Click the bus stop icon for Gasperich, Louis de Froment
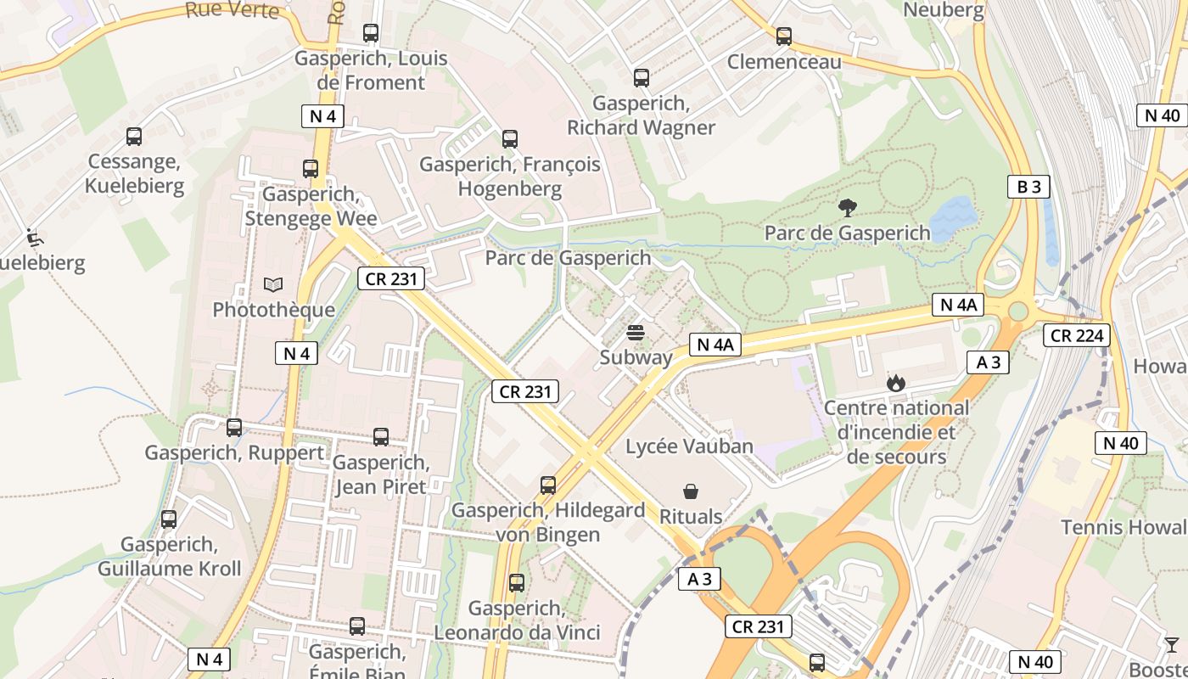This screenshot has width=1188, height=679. [371, 33]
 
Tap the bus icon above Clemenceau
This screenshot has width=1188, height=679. [784, 36]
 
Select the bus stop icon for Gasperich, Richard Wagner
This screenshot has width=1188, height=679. [642, 78]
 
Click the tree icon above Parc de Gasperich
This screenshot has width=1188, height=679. [846, 207]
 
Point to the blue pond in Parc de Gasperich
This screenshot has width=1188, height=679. [953, 212]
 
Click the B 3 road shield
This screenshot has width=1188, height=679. [1028, 187]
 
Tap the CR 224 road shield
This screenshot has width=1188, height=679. [1077, 335]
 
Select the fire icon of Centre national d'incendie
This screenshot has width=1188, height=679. [896, 384]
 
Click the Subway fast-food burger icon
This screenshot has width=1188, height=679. [636, 333]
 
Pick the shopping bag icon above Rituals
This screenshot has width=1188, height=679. [691, 491]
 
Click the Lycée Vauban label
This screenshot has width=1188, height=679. [689, 446]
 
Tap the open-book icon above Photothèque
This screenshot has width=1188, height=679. [273, 284]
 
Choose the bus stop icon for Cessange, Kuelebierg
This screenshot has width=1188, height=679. [134, 137]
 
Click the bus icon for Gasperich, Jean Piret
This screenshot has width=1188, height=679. [381, 437]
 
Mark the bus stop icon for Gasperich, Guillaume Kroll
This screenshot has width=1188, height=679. [169, 519]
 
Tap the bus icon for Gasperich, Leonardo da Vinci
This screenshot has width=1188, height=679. [517, 583]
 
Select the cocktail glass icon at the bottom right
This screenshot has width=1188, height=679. [1172, 645]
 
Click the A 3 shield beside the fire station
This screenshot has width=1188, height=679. [989, 362]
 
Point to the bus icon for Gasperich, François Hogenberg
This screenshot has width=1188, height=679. [510, 139]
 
